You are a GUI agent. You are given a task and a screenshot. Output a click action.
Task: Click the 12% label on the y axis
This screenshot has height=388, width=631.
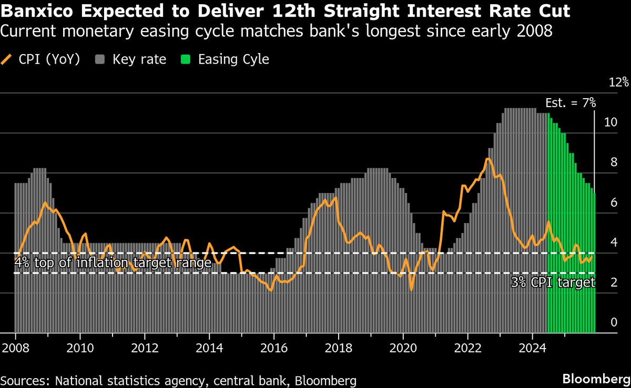618,82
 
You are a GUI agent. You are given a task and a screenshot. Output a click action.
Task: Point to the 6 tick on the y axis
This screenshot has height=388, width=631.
614,202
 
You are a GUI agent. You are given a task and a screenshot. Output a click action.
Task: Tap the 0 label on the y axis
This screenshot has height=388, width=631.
614,322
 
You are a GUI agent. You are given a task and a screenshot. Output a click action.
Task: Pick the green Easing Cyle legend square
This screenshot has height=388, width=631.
187,59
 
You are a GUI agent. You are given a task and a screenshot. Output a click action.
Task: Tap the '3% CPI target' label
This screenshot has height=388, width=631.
553,282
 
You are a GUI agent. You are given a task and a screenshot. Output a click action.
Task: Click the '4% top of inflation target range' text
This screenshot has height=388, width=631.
113,263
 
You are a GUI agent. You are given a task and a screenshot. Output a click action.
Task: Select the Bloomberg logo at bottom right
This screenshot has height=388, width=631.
596,379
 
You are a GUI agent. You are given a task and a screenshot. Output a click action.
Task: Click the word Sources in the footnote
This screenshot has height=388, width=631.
25,380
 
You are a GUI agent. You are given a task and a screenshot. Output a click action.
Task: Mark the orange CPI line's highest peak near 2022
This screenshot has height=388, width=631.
488,159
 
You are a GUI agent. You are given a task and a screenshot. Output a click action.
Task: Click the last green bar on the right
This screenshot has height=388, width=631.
594,263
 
